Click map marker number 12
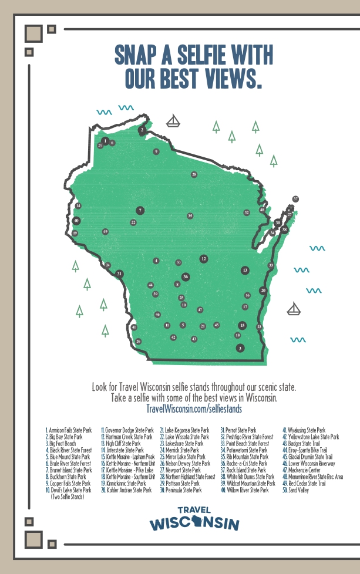pos(204,258)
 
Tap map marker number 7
pos(140,210)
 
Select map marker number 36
pos(186,276)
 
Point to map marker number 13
pos(245,270)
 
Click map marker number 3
pos(240,348)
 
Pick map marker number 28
pos(194,174)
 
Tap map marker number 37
pos(295,199)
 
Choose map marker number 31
pos(119,274)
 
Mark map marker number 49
pos(105,232)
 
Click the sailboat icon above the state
pos(173,121)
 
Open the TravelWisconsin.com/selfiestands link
pos(194,407)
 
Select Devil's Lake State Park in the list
pos(70,489)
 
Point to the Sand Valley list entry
pos(298,489)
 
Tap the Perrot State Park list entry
pos(241,430)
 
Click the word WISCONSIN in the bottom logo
pos(194,524)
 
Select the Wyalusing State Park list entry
pos(306,430)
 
